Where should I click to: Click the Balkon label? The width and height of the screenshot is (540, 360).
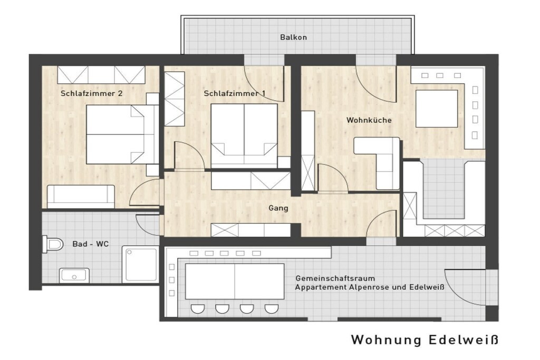tap(293, 37)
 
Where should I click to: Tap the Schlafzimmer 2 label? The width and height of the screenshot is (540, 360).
tap(92, 93)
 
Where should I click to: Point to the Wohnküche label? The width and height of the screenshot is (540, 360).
tap(369, 120)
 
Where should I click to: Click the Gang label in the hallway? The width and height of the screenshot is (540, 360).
tap(278, 208)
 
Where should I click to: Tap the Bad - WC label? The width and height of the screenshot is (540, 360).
tap(91, 244)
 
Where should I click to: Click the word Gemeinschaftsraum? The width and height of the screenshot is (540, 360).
tap(335, 278)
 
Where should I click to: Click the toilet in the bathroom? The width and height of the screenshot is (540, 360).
tap(53, 245)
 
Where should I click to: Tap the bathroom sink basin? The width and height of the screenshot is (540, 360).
tap(74, 276)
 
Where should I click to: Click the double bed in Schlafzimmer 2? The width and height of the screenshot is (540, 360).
tap(122, 134)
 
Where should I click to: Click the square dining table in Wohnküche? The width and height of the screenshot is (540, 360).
tap(437, 109)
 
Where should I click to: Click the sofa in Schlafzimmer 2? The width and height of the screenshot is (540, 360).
tap(81, 197)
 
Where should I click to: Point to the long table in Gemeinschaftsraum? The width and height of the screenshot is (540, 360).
tap(235, 281)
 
